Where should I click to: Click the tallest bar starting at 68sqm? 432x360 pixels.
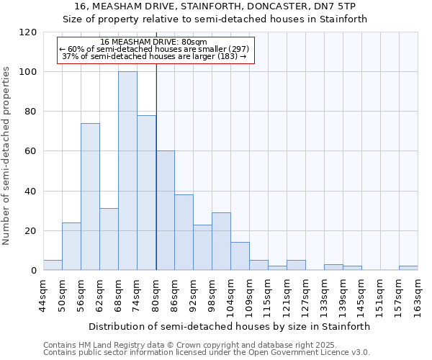click(x=127, y=171)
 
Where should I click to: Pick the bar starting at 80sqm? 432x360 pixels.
click(x=165, y=210)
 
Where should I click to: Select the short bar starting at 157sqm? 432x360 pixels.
click(x=408, y=268)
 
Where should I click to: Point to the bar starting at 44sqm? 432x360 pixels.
click(x=53, y=265)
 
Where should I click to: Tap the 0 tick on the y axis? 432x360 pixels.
click(x=34, y=271)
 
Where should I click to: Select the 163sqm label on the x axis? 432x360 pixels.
click(x=418, y=296)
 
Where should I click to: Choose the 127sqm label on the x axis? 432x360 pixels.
click(x=306, y=296)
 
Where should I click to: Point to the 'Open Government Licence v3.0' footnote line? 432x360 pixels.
click(x=206, y=353)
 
